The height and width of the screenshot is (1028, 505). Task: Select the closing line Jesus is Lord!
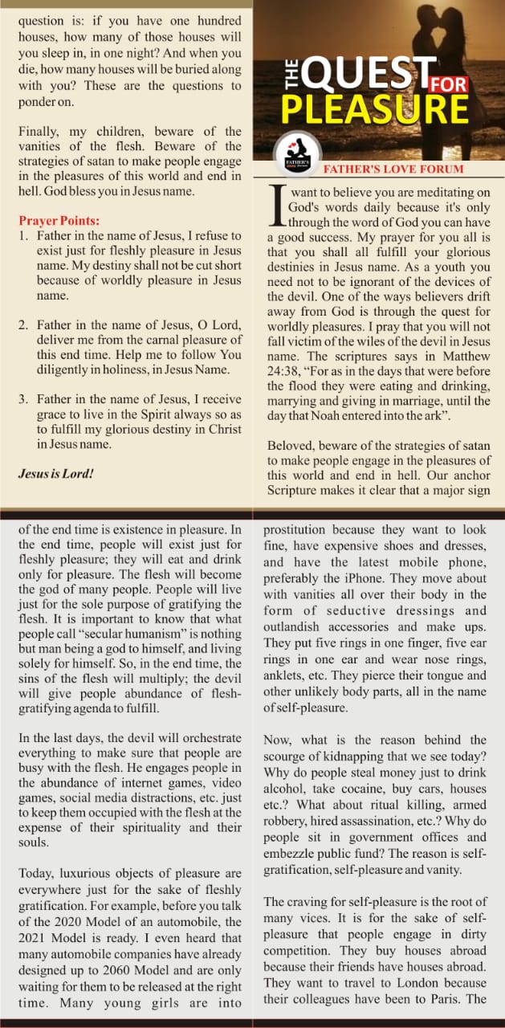click(x=56, y=474)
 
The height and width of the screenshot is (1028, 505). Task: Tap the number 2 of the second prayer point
click(x=24, y=324)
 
